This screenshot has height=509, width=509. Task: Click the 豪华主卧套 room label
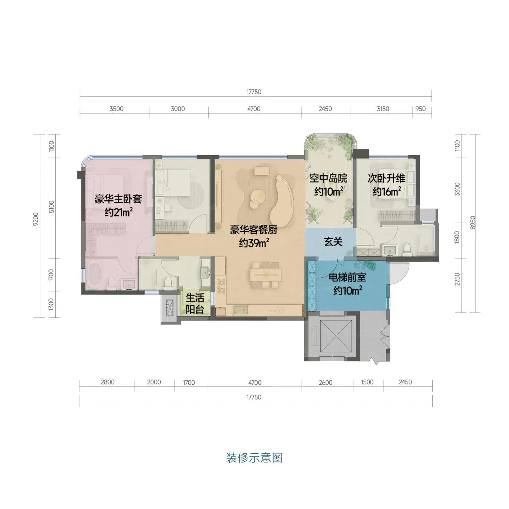pos(118,199)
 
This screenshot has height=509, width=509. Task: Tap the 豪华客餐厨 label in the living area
pos(253,230)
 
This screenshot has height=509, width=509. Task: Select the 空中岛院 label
pos(328,178)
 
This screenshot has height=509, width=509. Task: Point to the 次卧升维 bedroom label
pos(386,178)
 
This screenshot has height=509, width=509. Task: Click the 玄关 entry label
pos(333,241)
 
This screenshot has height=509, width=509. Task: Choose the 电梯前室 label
pos(347,277)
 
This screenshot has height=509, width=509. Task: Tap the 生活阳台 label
pos(195,303)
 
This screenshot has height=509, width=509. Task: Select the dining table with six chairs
pos(266,275)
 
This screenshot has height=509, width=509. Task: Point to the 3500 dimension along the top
pos(116,109)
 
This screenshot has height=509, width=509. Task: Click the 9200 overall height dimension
pos(36,219)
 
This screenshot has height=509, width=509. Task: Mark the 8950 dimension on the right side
pos(473,223)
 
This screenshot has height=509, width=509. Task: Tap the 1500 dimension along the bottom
pos(367,382)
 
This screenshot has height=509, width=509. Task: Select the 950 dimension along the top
pos(421,109)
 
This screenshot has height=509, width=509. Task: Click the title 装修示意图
pos(254,458)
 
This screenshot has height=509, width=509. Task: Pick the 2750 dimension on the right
pos(457,279)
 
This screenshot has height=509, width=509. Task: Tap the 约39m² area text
pos(254,243)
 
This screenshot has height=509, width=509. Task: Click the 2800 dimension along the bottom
pos(108,382)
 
